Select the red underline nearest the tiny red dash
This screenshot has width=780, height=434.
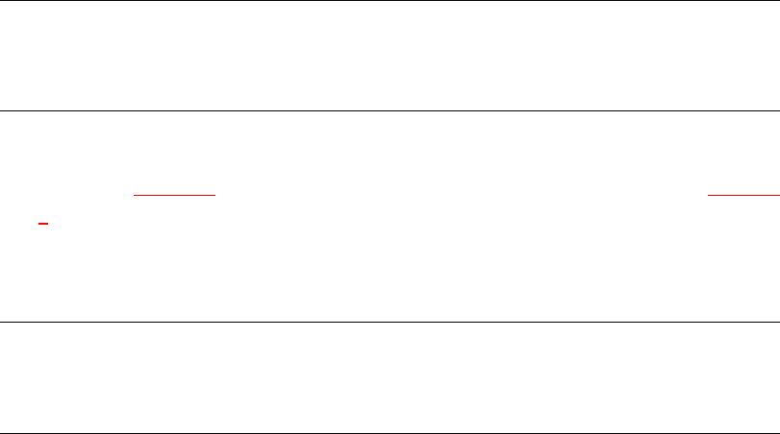pos(174,195)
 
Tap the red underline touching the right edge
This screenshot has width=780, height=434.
pos(742,195)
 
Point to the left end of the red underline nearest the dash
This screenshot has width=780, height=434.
pos(135,195)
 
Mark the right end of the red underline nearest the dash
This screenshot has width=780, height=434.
pos(214,195)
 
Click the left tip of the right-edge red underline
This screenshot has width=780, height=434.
pos(709,195)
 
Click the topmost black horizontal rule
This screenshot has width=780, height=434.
pos(390,1)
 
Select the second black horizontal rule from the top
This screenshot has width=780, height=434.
pos(390,110)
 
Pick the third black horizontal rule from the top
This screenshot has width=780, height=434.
pos(390,322)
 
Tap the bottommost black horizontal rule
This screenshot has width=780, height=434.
pos(390,432)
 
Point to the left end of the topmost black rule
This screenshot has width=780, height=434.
pos(1,1)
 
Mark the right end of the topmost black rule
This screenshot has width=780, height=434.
pos(778,1)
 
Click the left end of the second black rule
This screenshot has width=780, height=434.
pos(1,110)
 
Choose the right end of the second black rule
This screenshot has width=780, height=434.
pos(778,110)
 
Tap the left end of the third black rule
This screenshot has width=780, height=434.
pos(1,322)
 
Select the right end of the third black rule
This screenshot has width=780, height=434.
pos(778,322)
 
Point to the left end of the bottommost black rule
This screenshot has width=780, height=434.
pos(1,432)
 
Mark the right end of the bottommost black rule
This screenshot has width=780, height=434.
pos(778,432)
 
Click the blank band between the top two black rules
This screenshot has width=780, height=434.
pos(390,56)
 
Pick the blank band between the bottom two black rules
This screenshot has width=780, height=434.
pos(390,377)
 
